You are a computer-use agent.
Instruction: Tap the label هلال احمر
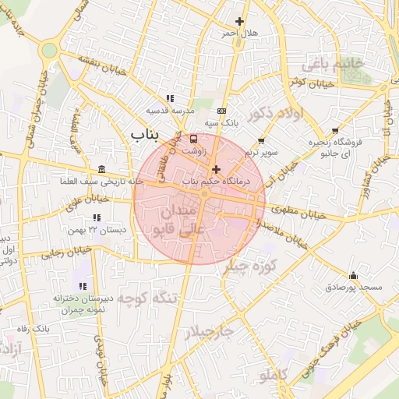pyautogui.click(x=239, y=34)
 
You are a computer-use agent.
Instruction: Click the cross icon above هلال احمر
pyautogui.click(x=239, y=21)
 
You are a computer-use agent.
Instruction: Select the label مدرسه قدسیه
pyautogui.click(x=171, y=110)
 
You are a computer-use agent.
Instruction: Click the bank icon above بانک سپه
pyautogui.click(x=221, y=111)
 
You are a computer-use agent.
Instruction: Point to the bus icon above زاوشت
pyautogui.click(x=193, y=139)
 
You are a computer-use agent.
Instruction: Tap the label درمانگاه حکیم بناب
pyautogui.click(x=214, y=181)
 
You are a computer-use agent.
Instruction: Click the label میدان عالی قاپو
pyautogui.click(x=181, y=219)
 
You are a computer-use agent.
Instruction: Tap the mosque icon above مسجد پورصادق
pyautogui.click(x=354, y=275)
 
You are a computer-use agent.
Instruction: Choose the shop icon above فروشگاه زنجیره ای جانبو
pyautogui.click(x=335, y=131)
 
